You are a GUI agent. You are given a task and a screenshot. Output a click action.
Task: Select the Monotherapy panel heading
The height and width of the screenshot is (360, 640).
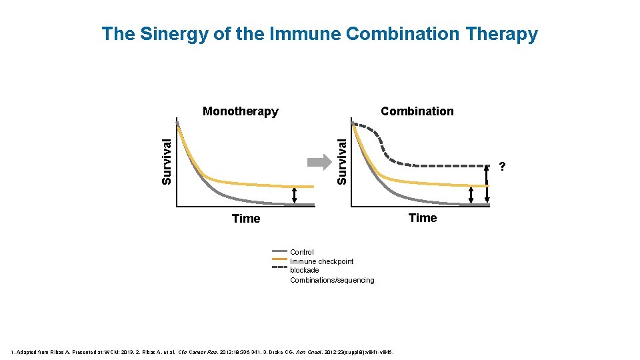240,111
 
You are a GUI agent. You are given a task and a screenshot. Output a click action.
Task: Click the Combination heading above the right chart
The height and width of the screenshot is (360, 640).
417,111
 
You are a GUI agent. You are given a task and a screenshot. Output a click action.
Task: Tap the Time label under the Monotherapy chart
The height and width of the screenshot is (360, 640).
245,219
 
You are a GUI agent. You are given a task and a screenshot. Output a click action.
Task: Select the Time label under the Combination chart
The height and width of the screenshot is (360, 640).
423,218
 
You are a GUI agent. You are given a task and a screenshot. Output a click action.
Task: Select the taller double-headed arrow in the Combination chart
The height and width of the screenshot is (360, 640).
487,185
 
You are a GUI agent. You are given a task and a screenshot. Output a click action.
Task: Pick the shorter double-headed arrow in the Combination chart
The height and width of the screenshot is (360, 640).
471,195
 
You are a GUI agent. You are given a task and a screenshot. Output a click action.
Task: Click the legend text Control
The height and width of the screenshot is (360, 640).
302,252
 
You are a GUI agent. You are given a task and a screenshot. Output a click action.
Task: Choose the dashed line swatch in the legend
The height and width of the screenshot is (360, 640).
279,267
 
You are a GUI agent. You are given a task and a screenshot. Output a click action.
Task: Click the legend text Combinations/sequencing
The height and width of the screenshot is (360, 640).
332,280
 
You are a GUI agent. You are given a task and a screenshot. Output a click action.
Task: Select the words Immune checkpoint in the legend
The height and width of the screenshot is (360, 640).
321,261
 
